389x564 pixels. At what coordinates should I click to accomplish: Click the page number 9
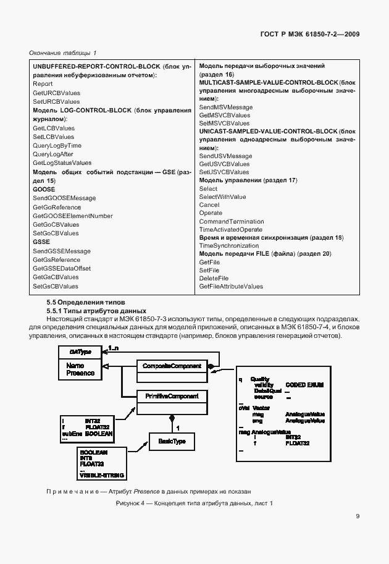click(x=358, y=517)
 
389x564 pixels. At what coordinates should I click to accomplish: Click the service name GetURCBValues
click(x=56, y=93)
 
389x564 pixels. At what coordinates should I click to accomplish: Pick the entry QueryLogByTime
click(x=57, y=145)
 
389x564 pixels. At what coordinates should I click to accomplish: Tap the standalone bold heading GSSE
click(x=41, y=242)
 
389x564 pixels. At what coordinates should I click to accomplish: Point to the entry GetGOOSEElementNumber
click(x=72, y=216)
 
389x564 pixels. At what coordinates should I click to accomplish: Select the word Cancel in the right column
click(x=209, y=204)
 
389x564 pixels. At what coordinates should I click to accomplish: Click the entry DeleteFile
click(x=214, y=278)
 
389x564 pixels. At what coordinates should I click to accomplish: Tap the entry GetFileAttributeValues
click(x=231, y=286)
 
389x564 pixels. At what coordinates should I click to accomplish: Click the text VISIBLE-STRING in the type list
click(x=102, y=474)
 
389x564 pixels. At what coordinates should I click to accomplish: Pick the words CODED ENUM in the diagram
click(x=304, y=385)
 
